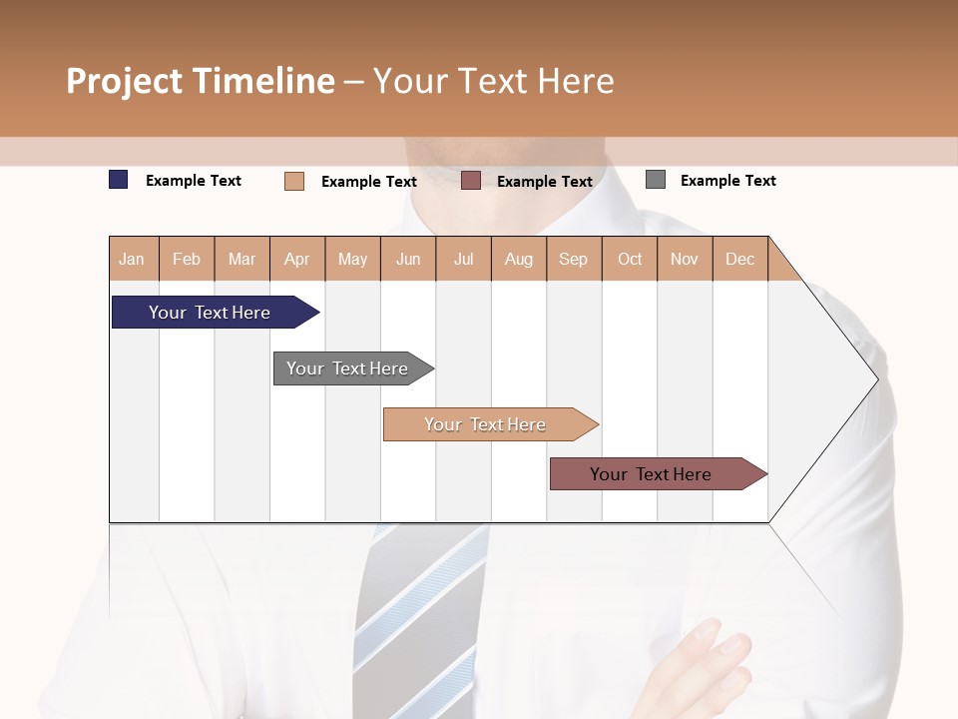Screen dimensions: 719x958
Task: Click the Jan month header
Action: pyautogui.click(x=132, y=259)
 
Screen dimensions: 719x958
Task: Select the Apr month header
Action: pyautogui.click(x=296, y=259)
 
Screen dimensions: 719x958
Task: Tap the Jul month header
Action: pyautogui.click(x=463, y=259)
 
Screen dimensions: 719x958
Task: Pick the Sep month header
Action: pyautogui.click(x=573, y=259)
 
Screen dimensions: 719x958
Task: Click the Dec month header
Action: pyautogui.click(x=739, y=259)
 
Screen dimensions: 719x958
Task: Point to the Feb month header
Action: pyautogui.click(x=187, y=259)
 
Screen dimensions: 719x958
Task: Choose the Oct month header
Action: pyautogui.click(x=630, y=259)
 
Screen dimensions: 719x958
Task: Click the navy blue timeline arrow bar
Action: pyautogui.click(x=210, y=313)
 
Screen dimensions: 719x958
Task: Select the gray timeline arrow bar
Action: pyautogui.click(x=347, y=368)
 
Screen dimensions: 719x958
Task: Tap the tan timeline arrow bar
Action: pyautogui.click(x=485, y=424)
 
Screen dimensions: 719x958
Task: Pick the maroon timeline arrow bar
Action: pyautogui.click(x=651, y=474)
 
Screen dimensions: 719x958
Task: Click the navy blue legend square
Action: pyautogui.click(x=119, y=180)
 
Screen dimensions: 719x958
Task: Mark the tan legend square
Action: pyautogui.click(x=294, y=181)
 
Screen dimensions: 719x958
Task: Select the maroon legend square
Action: pyautogui.click(x=471, y=181)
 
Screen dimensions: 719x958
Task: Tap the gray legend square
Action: pyautogui.click(x=656, y=180)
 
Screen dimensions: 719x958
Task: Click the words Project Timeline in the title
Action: pyautogui.click(x=200, y=81)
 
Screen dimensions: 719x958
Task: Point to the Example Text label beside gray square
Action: pyautogui.click(x=727, y=181)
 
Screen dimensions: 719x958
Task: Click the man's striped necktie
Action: pyautogui.click(x=419, y=619)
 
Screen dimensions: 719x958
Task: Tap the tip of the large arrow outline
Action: pyautogui.click(x=876, y=378)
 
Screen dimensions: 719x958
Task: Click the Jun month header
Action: pyautogui.click(x=408, y=259)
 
